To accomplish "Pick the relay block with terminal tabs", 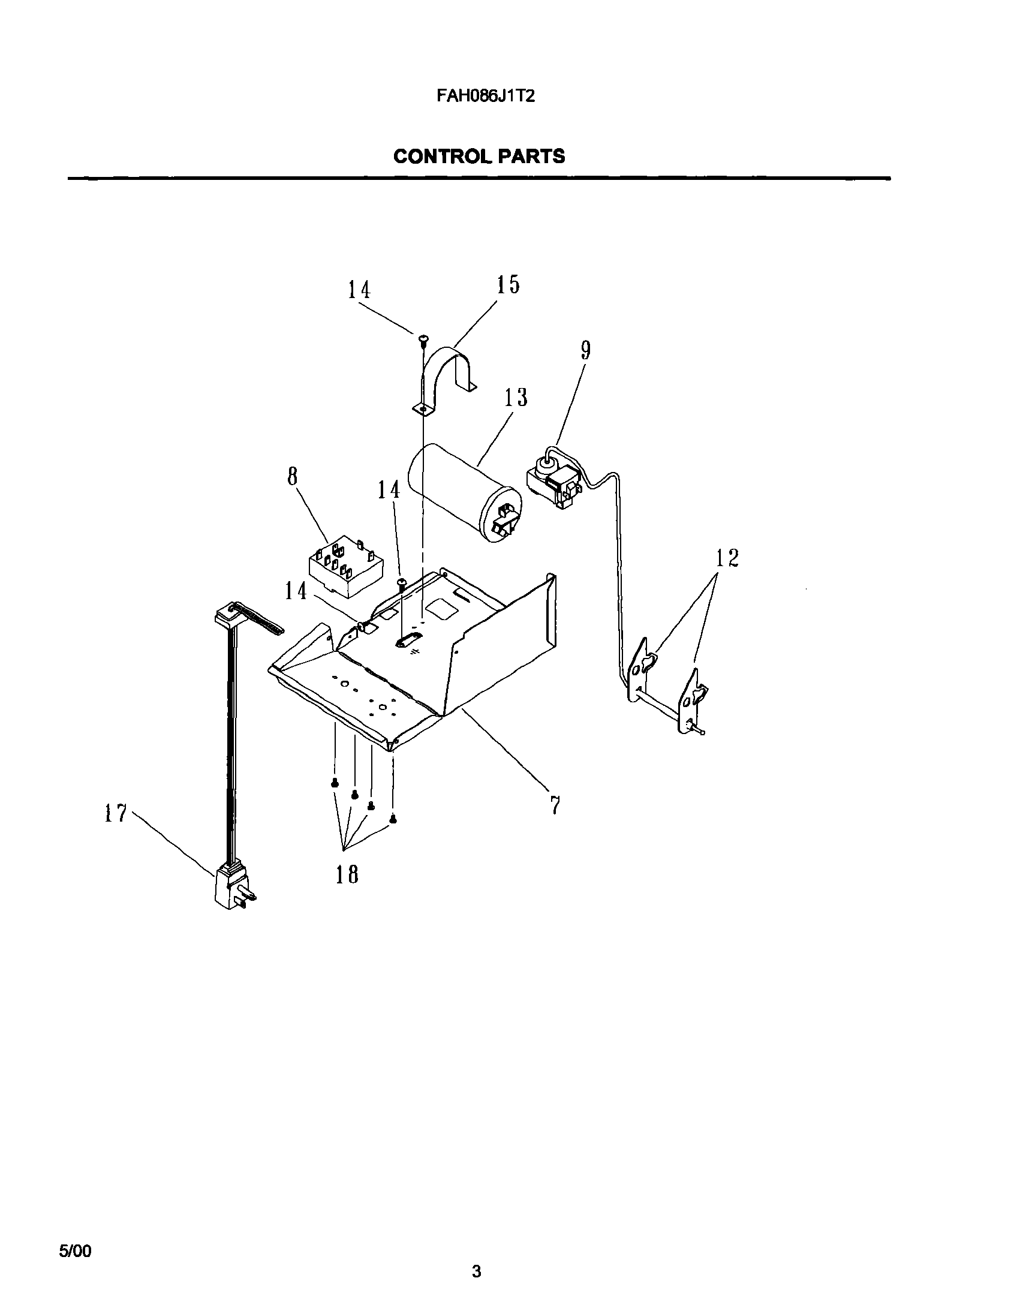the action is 345,567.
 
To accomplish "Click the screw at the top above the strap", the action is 423,339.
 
